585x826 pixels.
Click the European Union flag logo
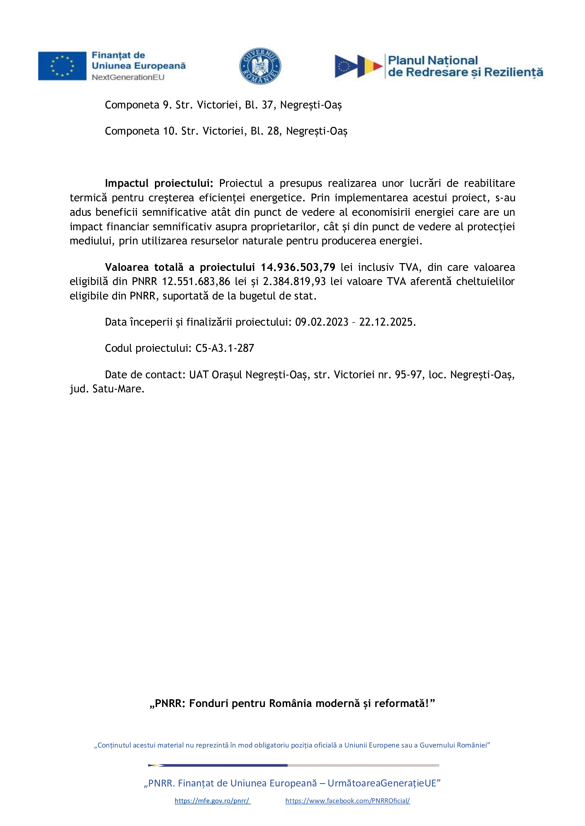[62, 66]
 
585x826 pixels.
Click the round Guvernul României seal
[260, 66]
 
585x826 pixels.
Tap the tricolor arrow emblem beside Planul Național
[358, 66]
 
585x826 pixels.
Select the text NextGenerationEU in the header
[128, 77]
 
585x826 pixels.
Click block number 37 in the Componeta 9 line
[267, 105]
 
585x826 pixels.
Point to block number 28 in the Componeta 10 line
[273, 131]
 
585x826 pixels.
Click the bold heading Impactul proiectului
[159, 183]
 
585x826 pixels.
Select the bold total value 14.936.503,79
[298, 267]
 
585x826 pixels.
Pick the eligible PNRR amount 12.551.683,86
[196, 281]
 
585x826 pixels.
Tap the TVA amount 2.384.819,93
[294, 281]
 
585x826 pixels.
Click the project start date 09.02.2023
[322, 322]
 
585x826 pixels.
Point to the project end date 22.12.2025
[387, 322]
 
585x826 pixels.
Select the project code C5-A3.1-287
[225, 348]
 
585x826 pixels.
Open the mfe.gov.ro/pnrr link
[212, 801]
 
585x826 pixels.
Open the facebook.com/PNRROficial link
[348, 801]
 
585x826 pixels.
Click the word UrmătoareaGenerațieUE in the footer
[384, 783]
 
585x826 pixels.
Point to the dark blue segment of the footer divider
[223, 765]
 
